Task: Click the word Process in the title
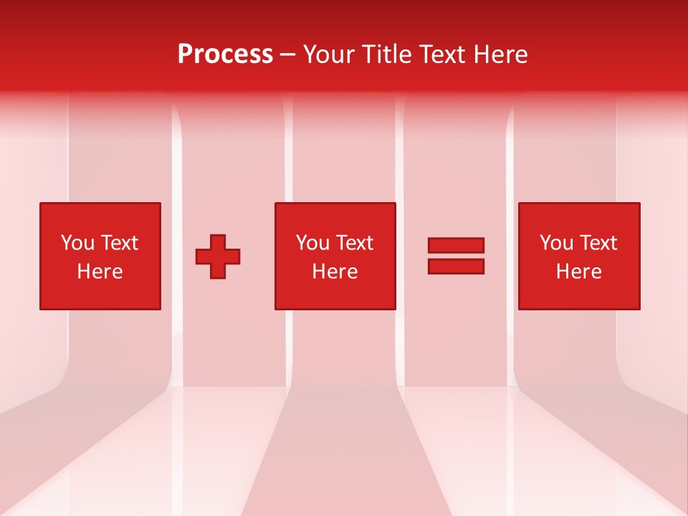225,54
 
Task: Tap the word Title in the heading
386,54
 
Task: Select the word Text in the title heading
446,54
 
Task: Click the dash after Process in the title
287,55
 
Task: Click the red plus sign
218,257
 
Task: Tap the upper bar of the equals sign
456,245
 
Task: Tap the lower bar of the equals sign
456,267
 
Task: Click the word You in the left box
77,243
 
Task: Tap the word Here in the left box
100,272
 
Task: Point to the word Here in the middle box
335,272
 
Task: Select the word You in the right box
556,243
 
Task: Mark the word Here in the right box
579,272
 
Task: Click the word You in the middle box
312,243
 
